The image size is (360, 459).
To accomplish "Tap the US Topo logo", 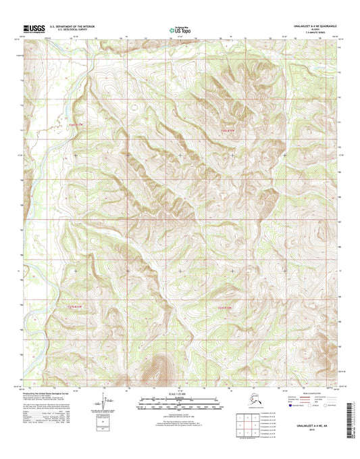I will pos(179,30).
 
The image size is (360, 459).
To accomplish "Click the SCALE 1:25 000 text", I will pos(179,395).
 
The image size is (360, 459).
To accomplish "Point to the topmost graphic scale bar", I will pos(179,400).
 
